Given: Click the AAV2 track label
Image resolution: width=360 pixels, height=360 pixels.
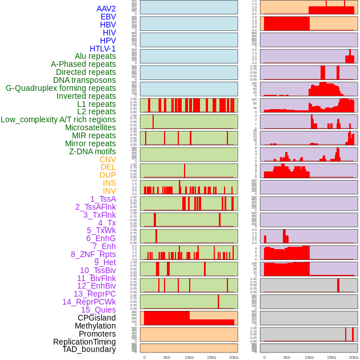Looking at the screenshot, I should (106, 9).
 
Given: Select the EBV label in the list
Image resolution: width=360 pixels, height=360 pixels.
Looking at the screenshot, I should (108, 17).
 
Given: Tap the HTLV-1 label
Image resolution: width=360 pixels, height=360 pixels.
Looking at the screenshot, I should (102, 49).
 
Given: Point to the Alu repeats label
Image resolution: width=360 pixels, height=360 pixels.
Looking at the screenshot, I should (95, 56).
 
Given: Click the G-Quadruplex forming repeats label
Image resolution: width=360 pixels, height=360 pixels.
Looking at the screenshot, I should (61, 88).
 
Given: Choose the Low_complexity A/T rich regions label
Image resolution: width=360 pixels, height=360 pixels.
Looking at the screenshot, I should (58, 119).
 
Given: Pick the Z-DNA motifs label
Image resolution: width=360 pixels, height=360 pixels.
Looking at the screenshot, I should (93, 151).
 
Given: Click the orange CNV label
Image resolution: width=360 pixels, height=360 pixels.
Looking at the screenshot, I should (107, 159).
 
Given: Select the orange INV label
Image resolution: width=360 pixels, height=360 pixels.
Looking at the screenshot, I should (109, 191).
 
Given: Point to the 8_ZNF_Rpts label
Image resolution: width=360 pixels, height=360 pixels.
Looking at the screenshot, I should (93, 254).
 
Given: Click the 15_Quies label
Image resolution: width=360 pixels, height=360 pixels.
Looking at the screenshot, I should (98, 310).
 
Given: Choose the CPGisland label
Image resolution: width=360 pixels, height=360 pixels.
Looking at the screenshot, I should (97, 318).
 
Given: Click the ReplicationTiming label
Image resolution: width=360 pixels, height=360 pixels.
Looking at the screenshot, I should (85, 342).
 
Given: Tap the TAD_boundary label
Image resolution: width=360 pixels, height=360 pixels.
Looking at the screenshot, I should (89, 349).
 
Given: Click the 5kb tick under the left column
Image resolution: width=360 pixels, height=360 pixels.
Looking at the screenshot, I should (167, 357).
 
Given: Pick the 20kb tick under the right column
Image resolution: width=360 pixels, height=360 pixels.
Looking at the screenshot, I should (354, 357).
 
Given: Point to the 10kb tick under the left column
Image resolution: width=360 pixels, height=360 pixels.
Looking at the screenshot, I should (189, 357).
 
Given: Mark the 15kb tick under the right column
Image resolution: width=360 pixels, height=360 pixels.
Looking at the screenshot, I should (331, 357).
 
